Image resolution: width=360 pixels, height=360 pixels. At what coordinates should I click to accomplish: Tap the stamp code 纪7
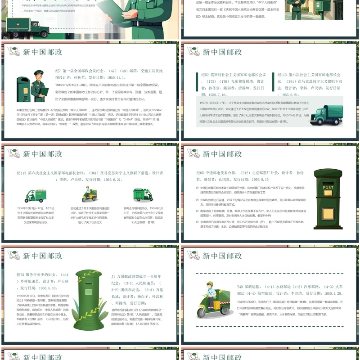(58, 71)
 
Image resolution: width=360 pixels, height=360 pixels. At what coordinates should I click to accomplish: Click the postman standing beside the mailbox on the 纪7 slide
(40, 85)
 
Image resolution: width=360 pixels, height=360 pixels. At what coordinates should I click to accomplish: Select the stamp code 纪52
(205, 75)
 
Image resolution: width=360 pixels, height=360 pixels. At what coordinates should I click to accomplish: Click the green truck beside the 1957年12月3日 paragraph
(326, 115)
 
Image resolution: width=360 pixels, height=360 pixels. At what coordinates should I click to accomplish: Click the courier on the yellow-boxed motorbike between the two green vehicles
(87, 193)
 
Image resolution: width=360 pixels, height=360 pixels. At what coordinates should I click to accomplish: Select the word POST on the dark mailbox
(328, 187)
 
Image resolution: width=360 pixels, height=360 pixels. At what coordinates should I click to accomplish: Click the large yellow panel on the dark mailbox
(328, 213)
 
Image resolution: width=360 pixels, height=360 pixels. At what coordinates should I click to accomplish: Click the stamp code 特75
(20, 274)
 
